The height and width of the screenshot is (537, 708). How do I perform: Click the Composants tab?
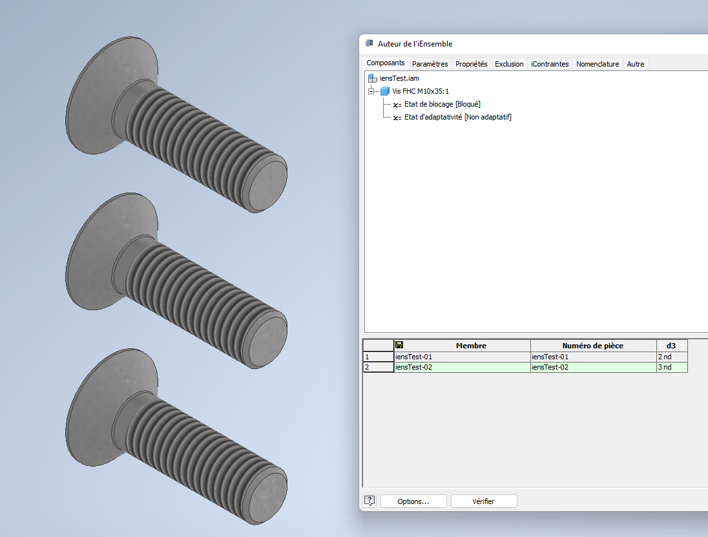(385, 63)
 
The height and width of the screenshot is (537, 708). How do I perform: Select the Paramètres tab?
(430, 64)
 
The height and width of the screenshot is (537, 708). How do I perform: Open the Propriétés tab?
(471, 64)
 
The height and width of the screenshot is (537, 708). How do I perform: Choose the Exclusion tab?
(509, 64)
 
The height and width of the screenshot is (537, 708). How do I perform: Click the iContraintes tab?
(550, 64)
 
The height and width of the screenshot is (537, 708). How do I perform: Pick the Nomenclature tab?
(598, 64)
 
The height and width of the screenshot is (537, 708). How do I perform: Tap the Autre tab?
(635, 64)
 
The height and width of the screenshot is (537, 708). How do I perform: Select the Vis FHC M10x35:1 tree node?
(420, 91)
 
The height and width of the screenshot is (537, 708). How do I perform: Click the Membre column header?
(471, 346)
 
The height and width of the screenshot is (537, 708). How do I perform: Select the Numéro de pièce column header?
(592, 346)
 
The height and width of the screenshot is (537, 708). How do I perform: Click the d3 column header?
(671, 346)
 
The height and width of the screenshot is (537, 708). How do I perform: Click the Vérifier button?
(483, 501)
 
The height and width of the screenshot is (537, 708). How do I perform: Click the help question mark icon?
(370, 501)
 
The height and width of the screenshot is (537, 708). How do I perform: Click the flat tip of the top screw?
(266, 185)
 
